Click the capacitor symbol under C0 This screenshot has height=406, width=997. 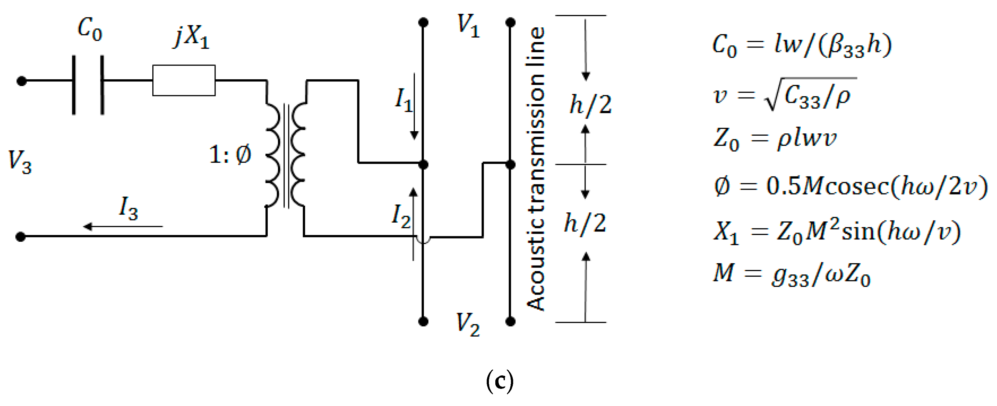[88, 85]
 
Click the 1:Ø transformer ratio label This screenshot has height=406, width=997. [230, 155]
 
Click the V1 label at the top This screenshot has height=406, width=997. [468, 25]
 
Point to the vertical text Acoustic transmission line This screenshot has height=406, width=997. [536, 168]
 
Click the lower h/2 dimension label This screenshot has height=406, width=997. [585, 223]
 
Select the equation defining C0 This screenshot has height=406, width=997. [802, 45]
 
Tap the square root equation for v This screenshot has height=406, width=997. [784, 95]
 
